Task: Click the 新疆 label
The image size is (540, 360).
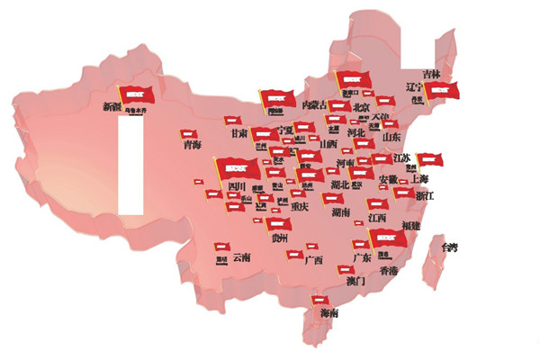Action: click(x=112, y=106)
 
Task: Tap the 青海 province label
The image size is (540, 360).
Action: click(x=192, y=144)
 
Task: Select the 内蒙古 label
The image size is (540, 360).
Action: click(x=314, y=106)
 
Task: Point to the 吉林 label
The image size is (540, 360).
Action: click(x=432, y=74)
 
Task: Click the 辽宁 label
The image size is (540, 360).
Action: click(x=415, y=87)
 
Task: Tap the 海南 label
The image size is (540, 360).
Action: click(x=329, y=313)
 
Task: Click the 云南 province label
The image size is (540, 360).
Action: click(x=241, y=257)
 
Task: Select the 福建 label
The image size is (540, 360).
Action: click(x=412, y=225)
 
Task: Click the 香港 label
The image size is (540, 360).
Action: click(x=388, y=270)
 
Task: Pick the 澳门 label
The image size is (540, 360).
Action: click(x=355, y=281)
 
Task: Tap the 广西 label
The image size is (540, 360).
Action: click(x=314, y=261)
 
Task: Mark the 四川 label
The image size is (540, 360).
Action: click(x=237, y=186)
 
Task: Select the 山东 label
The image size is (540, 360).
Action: click(x=391, y=137)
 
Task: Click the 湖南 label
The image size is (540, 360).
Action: click(x=340, y=212)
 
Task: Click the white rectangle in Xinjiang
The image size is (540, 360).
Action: click(x=131, y=166)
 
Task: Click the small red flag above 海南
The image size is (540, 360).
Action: click(x=320, y=300)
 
